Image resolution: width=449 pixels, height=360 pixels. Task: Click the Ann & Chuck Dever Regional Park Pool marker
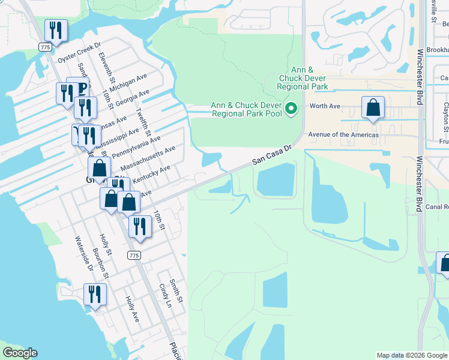pos(292,109)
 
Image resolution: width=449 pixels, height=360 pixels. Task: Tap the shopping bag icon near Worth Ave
pos(373,108)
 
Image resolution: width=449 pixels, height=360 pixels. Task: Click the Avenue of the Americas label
pos(343,135)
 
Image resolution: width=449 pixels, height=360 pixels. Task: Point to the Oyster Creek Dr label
pos(79,52)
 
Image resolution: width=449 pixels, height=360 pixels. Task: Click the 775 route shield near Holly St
pos(134,256)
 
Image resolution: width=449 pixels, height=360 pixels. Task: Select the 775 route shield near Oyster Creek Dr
pos(45,46)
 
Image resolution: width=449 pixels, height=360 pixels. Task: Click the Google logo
pos(20,353)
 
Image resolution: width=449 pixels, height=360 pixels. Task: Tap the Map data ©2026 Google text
pos(411,355)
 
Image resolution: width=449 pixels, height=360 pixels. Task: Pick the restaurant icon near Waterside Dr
pos(95,294)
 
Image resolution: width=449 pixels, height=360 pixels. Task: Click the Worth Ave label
pos(324,106)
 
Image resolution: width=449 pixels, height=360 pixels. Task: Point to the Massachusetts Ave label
pos(148,158)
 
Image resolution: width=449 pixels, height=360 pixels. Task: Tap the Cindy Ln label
pos(164,296)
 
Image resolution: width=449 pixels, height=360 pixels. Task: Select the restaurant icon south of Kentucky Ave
pos(139,226)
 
